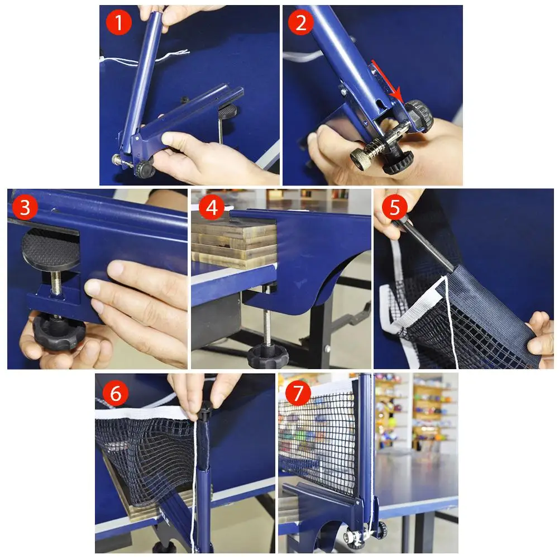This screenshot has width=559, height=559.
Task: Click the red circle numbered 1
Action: (119, 22)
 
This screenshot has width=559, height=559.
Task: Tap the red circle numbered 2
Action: (300, 22)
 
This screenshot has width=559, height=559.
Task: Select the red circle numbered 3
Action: (25, 207)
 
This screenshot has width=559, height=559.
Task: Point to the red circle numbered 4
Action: (212, 207)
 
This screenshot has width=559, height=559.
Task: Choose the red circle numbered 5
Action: (395, 207)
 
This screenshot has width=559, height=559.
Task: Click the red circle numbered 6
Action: (116, 393)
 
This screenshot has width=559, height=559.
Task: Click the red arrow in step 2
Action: (387, 80)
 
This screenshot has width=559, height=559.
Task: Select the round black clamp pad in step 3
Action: (50, 248)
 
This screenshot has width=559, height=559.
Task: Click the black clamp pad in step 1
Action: (227, 112)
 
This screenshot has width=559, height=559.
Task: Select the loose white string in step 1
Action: (142, 58)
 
